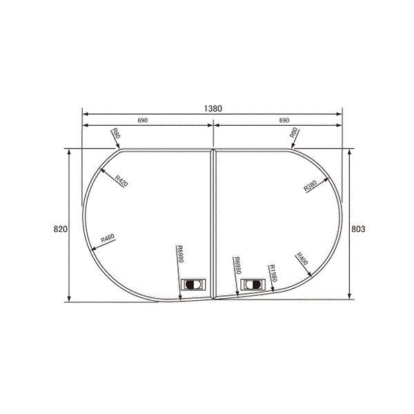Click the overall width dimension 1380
(x=213, y=108)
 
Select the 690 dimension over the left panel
(x=143, y=121)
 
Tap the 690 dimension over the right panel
(x=284, y=121)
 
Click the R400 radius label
(x=302, y=259)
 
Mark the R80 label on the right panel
(x=293, y=134)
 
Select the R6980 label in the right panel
(x=237, y=266)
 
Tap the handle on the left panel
(x=192, y=284)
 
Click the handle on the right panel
(x=252, y=284)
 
